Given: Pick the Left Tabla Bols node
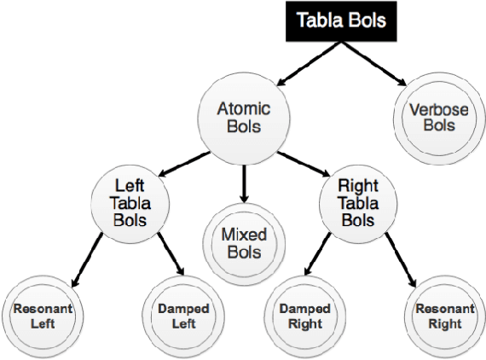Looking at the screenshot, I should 130,201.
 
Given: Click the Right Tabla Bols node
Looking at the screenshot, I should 359,201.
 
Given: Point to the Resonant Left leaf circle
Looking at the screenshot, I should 42,316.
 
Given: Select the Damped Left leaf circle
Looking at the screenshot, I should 184,316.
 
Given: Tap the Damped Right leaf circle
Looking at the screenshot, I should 304,316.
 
